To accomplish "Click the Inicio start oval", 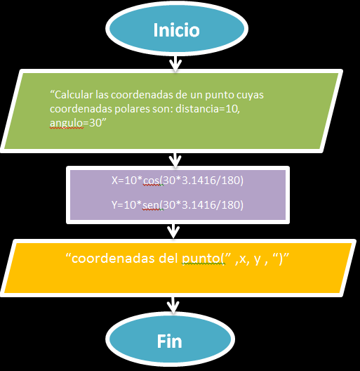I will click(176, 31).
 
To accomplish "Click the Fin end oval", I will click(168, 341).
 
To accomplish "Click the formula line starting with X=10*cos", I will click(178, 181).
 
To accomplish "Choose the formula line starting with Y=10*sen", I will click(178, 206).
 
